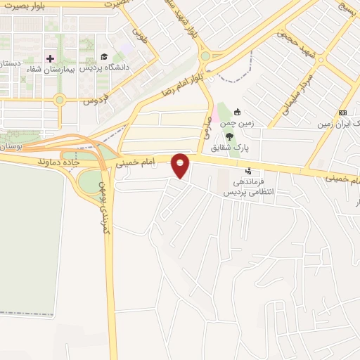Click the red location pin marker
pyautogui.click(x=181, y=166)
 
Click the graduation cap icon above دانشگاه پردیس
pyautogui.click(x=104, y=57)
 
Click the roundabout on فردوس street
pyautogui.click(x=60, y=100)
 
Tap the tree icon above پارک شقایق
pyautogui.click(x=230, y=137)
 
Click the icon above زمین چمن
pyautogui.click(x=238, y=111)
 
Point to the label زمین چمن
pyautogui.click(x=237, y=122)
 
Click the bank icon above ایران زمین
pyautogui.click(x=343, y=113)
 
